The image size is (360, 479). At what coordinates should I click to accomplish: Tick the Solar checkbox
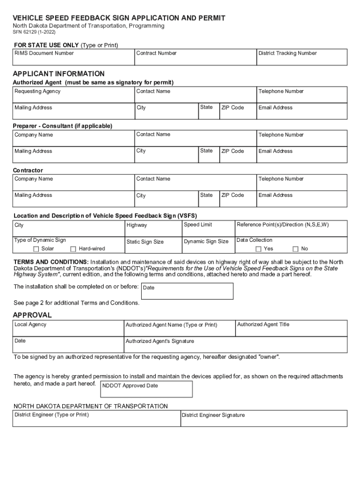(36, 249)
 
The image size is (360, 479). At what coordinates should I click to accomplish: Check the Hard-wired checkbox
(73, 249)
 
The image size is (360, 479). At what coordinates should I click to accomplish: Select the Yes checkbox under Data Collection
(259, 249)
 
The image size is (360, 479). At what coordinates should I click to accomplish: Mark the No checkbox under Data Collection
(295, 249)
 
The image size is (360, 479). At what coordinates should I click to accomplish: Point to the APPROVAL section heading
(32, 315)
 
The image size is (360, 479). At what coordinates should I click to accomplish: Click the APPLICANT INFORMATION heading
(58, 74)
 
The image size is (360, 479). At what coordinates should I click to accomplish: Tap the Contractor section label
(28, 170)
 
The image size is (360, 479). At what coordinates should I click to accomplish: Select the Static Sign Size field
(153, 245)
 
